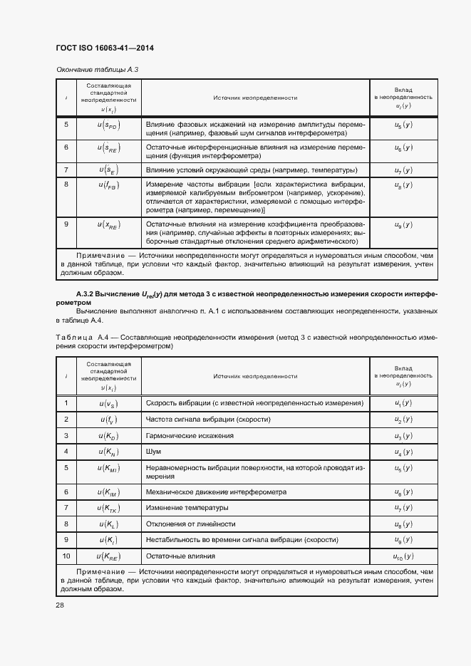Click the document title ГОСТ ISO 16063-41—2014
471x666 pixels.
[105, 48]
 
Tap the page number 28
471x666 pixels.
[59, 605]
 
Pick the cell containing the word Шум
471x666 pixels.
[153, 452]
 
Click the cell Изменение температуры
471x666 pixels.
[187, 508]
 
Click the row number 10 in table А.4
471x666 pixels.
[66, 556]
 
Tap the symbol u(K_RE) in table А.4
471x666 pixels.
[110, 556]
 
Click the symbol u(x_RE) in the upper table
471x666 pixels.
[110, 225]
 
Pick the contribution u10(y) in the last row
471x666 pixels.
[403, 556]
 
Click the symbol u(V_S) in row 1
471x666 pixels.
[110, 404]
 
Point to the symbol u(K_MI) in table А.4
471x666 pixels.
[110, 468]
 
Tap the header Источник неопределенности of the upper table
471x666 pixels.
[254, 98]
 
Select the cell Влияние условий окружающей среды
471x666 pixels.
[250, 170]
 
